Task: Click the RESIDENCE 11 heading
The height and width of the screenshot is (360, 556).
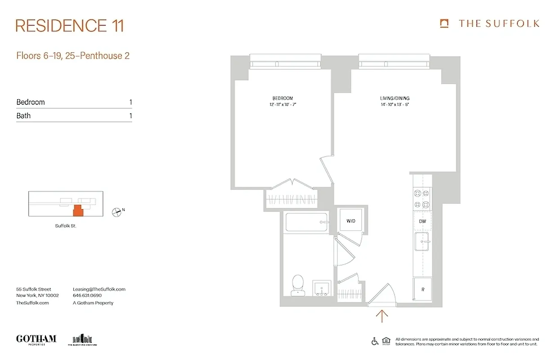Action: coord(70,26)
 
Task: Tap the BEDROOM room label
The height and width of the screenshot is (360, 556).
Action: coord(282,99)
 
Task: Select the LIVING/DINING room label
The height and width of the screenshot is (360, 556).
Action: coord(394,99)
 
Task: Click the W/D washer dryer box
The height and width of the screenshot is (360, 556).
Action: coord(351,221)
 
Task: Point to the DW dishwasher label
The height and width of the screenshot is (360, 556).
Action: coord(422,221)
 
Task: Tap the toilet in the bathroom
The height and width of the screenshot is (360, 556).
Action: coord(297,286)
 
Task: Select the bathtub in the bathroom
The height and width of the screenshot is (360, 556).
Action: coord(306,222)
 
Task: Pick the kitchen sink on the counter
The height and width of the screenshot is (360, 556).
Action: coord(422,243)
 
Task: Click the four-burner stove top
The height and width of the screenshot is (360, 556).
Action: coord(422,198)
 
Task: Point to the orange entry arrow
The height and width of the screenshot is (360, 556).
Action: coord(381,316)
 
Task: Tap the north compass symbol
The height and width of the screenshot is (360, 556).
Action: coord(117,211)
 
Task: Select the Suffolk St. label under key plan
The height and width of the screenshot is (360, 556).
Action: coord(66,226)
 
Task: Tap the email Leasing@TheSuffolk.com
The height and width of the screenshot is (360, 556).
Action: coord(99,289)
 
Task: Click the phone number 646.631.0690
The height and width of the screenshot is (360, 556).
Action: coord(87,296)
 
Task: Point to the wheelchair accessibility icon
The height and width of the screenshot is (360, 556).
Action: coord(375,342)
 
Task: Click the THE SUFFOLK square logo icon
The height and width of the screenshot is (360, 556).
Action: coord(444,23)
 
